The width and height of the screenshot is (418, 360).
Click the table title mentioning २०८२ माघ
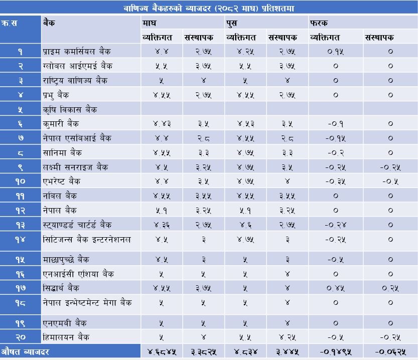[208, 8]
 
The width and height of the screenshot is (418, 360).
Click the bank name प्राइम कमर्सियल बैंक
[77, 51]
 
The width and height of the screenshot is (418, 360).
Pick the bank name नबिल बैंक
[60, 196]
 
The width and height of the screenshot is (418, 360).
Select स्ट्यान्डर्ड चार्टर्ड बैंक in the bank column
[77, 225]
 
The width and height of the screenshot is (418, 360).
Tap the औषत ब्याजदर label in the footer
[25, 351]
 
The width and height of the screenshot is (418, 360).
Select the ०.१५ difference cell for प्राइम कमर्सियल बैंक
[335, 51]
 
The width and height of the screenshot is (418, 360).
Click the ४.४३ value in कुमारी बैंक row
[161, 123]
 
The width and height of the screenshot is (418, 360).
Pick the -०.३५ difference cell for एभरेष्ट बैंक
[335, 181]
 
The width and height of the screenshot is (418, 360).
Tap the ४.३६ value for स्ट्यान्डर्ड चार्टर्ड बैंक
[161, 225]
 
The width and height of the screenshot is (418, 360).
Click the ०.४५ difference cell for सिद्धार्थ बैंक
[335, 288]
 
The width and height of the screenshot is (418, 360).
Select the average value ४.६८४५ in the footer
[161, 351]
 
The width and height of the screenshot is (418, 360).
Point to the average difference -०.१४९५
[335, 351]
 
